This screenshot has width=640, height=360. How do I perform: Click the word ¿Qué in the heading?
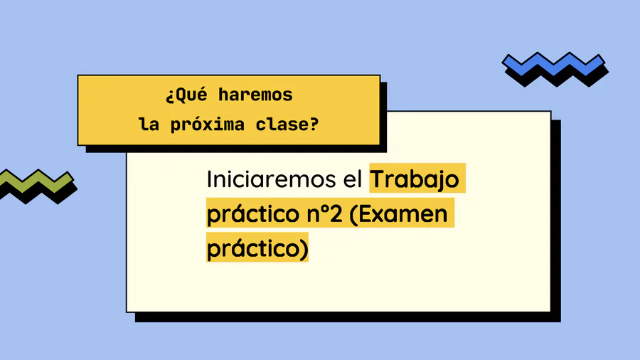[x=186, y=95]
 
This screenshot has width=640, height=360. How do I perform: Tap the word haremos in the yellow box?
[x=255, y=95]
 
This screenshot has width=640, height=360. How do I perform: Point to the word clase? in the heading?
[x=287, y=125]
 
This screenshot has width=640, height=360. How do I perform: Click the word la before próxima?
[x=149, y=125]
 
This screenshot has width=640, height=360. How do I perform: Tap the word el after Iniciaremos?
[x=353, y=179]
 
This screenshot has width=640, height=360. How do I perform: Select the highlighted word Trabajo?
[x=415, y=180]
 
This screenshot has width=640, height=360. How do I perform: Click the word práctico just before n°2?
[x=253, y=214]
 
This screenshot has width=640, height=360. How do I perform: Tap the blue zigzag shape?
[x=553, y=65]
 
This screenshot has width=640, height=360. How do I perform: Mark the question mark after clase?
[x=314, y=124]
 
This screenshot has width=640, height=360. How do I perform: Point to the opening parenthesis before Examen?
[x=353, y=214]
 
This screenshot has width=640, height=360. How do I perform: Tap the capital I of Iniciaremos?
[x=208, y=179]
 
